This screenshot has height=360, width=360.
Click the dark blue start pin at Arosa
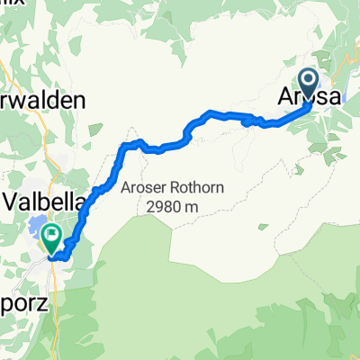pyautogui.click(x=309, y=84)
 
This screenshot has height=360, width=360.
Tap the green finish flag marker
pyautogui.click(x=51, y=238)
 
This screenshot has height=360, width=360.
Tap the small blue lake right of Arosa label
pyautogui.click(x=347, y=85)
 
